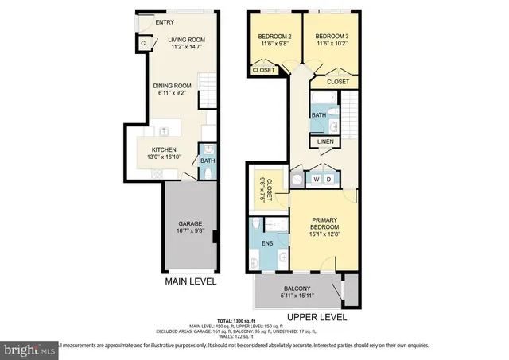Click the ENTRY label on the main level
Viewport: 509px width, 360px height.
(165, 22)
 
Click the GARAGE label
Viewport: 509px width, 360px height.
(189, 223)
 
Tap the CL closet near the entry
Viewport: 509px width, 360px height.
(143, 44)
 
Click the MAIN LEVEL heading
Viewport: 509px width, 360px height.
(191, 281)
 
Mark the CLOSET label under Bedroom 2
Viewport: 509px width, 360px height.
(263, 70)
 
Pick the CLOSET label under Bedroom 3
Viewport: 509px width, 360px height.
(337, 81)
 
